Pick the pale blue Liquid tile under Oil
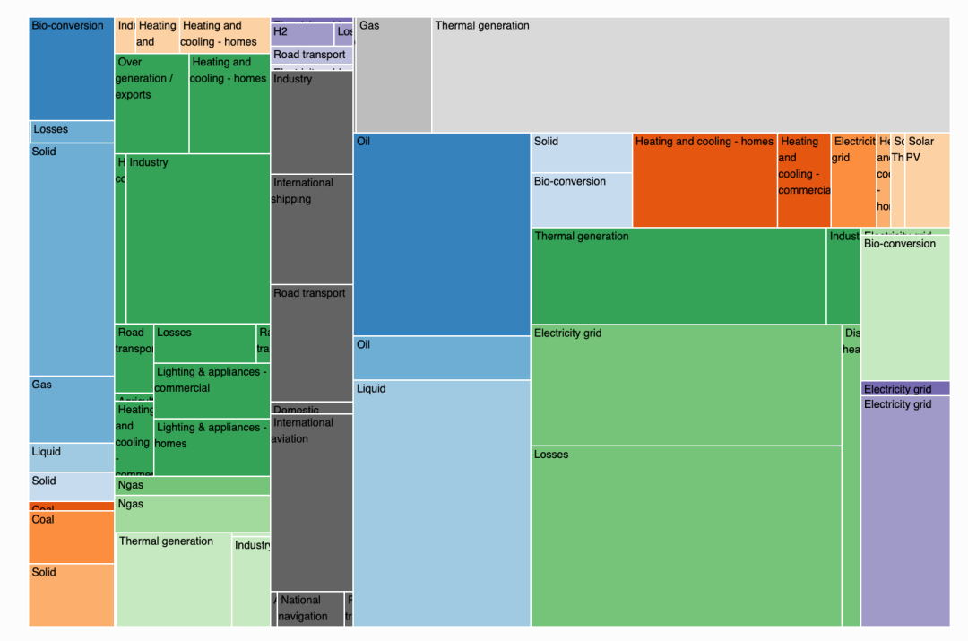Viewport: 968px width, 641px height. (x=442, y=502)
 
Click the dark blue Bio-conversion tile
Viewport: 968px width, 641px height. (x=72, y=68)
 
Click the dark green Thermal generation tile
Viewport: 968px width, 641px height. (x=678, y=276)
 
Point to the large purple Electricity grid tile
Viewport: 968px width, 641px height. (x=904, y=511)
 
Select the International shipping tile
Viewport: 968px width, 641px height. (x=311, y=230)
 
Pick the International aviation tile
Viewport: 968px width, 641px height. (x=311, y=502)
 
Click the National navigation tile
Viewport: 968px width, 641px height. (x=310, y=609)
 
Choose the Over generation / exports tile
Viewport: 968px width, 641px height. (x=151, y=104)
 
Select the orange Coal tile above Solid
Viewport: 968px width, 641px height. (x=72, y=537)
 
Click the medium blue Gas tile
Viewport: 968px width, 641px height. (x=72, y=409)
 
